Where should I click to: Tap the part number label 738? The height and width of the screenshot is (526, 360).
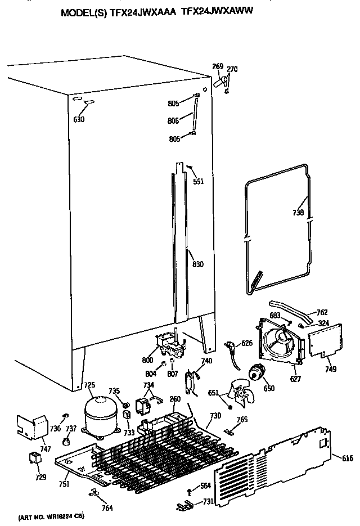point(299,213)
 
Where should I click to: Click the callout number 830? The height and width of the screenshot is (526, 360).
point(197,264)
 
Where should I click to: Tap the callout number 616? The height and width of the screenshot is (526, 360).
point(347,459)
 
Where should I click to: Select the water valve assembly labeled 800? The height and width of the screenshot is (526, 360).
point(167,342)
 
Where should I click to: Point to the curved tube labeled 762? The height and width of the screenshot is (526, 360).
point(287,309)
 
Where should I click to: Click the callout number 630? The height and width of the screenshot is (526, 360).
point(79,119)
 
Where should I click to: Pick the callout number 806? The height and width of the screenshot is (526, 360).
point(173,120)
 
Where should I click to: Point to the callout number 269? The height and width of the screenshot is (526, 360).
point(217,67)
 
